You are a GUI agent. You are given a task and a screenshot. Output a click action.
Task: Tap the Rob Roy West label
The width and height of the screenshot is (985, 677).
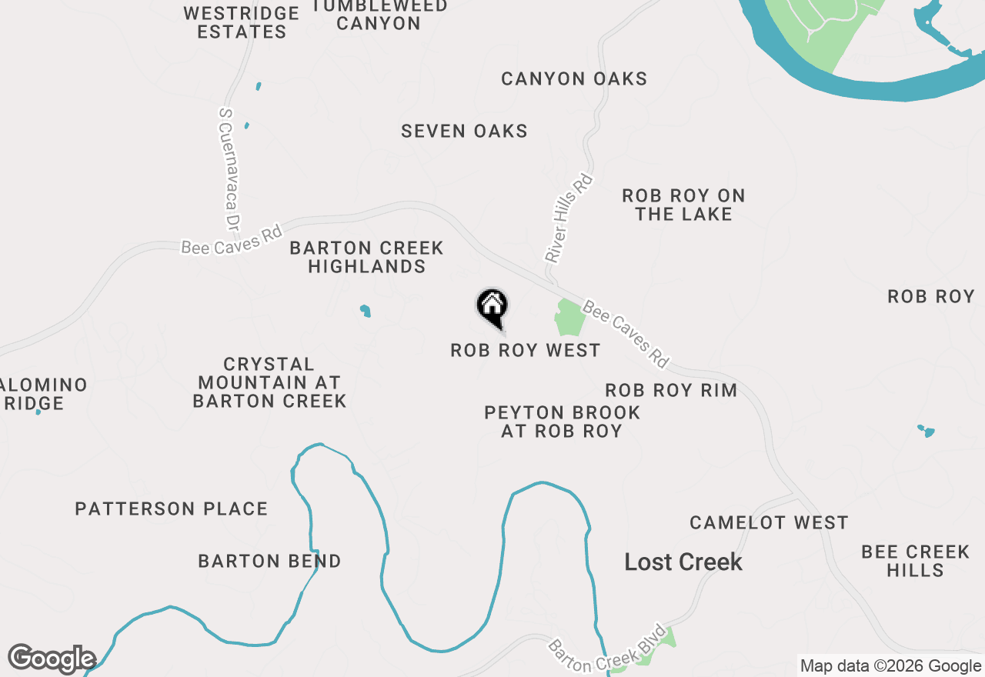[526, 351]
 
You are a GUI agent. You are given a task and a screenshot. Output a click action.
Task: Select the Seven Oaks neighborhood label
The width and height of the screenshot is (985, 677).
[464, 132]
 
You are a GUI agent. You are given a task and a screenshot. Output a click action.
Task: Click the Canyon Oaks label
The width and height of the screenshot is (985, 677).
[574, 79]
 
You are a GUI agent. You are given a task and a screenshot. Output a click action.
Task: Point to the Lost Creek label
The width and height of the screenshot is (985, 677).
[683, 562]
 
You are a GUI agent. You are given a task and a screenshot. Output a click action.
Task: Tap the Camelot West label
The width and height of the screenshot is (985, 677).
[769, 523]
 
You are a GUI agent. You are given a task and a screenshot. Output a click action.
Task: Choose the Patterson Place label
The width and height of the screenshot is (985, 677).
[172, 509]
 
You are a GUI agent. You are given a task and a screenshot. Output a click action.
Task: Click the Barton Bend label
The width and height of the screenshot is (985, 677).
[269, 562]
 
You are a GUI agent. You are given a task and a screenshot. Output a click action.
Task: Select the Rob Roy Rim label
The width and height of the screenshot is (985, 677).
[671, 391]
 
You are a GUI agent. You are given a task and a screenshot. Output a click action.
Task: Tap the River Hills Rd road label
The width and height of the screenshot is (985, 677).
[569, 218]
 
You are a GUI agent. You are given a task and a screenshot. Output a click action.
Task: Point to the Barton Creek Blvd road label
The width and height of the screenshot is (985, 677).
[606, 645]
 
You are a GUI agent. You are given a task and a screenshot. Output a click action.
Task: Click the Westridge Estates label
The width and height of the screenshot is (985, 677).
[242, 23]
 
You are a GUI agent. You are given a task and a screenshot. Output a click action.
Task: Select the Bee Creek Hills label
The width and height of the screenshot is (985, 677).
[915, 561]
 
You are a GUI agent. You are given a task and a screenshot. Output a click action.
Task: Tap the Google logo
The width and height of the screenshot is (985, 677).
[52, 659]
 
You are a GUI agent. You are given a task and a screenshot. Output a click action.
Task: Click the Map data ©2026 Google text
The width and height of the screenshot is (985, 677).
[890, 666]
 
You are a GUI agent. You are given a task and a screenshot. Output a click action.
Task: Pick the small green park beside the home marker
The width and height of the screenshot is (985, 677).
[569, 318]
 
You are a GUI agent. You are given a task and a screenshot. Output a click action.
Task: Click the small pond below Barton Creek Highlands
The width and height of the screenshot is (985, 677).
[365, 311]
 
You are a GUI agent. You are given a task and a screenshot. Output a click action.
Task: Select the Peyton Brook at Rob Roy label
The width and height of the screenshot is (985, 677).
[562, 422]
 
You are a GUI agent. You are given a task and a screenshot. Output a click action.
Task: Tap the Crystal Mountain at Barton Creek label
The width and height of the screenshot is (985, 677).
[269, 382]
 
